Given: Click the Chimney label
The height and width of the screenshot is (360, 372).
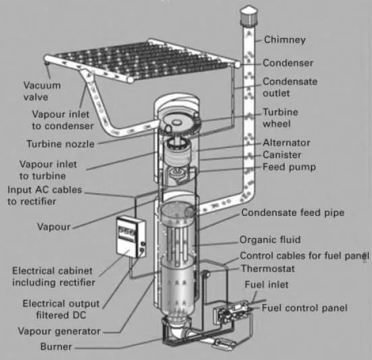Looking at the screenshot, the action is click(x=285, y=40).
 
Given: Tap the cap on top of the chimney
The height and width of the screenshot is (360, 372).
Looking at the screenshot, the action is click(x=249, y=15).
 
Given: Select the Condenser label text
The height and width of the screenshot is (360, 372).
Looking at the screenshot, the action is click(x=288, y=63).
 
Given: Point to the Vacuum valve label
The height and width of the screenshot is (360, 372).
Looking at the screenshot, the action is click(x=42, y=91).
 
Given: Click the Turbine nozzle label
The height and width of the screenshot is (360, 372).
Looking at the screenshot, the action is click(x=60, y=144).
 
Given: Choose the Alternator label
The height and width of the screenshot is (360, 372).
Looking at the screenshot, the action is click(x=286, y=143).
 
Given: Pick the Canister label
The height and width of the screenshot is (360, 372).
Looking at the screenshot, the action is click(x=282, y=155).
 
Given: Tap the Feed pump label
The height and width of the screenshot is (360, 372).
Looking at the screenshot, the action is click(x=289, y=167).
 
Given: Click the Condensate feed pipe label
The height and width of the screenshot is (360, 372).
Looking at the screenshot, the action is click(x=293, y=212).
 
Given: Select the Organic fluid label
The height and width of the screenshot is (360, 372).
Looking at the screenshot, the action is click(x=270, y=240).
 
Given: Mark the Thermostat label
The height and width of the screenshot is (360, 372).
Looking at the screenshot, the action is click(x=268, y=269).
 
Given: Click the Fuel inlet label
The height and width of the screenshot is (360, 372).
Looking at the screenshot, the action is click(x=266, y=284).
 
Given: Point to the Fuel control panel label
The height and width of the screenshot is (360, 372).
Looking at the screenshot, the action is click(x=304, y=308).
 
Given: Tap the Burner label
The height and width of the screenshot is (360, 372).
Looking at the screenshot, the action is click(x=56, y=346).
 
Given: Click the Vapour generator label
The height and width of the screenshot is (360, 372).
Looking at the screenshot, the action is click(x=60, y=332).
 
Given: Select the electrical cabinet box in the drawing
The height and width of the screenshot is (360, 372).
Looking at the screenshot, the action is click(x=131, y=237).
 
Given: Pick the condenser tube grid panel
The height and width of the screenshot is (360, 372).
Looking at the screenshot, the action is click(x=141, y=61).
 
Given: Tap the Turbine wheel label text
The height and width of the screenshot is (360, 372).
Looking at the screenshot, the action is click(x=280, y=118).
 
